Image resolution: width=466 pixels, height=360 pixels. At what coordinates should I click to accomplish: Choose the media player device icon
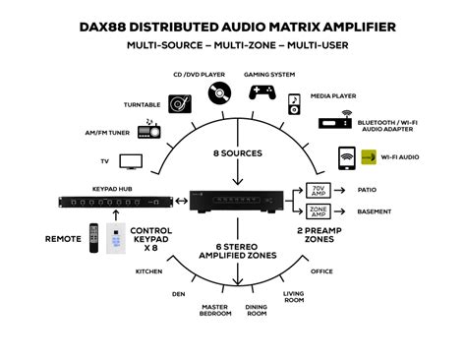[x=293, y=103]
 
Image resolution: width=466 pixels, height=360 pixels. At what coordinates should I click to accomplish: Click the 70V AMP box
[x=320, y=190]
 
